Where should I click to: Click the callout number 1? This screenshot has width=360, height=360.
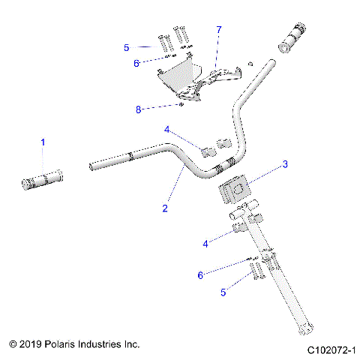pos(43,142)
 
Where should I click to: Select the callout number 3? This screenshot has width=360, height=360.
pos(285,163)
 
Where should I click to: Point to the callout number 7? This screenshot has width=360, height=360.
pos(219,29)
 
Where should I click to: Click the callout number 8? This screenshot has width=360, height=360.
pos(138,109)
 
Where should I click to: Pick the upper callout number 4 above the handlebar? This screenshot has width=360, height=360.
pos(167,129)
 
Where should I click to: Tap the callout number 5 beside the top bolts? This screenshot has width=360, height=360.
pos(127,47)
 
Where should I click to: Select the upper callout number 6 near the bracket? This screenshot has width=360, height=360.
pos(136,63)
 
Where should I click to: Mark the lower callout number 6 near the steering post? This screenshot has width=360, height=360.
pos(200,275)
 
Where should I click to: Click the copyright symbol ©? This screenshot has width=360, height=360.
pos(13,344)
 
